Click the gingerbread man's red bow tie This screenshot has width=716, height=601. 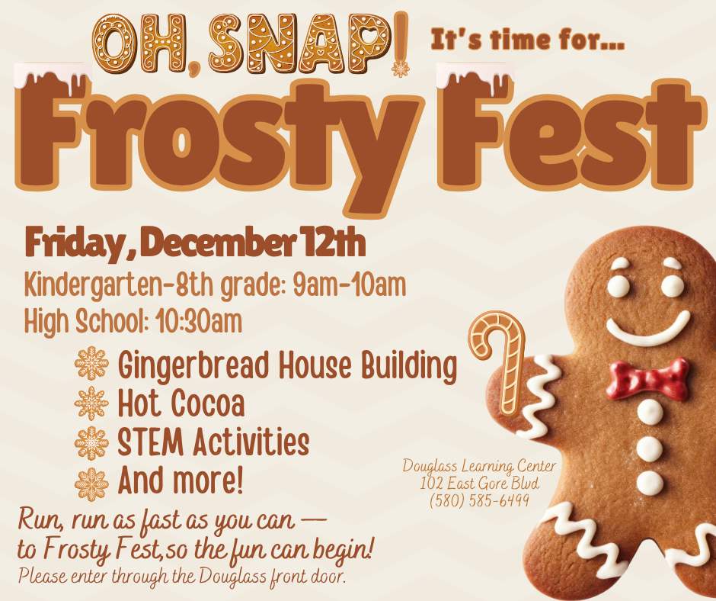coord(647,379)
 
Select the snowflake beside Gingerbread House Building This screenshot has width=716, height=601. coord(91,363)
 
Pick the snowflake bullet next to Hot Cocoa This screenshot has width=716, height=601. coord(91,403)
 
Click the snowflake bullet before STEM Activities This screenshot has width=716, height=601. coord(91,443)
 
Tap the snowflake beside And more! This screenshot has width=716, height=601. coord(91,484)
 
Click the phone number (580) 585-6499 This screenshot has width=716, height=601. coord(479,500)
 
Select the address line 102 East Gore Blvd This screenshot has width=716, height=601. coord(479,483)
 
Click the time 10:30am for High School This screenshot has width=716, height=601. coord(199,321)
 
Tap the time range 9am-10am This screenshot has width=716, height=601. coord(350,284)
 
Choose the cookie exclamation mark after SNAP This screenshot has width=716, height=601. coord(401,43)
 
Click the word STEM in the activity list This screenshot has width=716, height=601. coord(151,442)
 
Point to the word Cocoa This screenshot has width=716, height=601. coord(208,403)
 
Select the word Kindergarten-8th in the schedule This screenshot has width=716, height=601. coord(119,286)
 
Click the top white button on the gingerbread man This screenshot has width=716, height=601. coord(650,412)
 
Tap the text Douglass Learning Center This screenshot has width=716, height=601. coord(479,466)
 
